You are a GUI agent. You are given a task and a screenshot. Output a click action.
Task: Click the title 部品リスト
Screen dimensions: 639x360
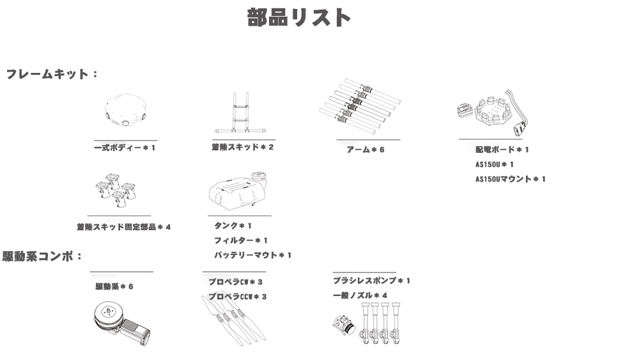pos(298,17)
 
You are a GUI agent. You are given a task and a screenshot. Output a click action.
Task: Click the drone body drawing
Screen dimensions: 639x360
pos(125,111)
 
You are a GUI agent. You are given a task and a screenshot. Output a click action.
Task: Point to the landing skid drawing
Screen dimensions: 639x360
pos(240,113)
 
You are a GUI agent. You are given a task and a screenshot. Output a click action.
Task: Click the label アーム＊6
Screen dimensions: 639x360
pos(366,150)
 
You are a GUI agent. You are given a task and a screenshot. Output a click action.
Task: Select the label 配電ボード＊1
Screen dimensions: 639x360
pos(502,150)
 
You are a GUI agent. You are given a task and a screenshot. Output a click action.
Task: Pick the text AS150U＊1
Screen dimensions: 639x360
pos(495,164)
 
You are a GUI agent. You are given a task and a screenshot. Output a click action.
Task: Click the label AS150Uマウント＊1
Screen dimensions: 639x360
pos(510,179)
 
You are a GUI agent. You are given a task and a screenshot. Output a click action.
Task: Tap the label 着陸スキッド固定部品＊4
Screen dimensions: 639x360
pos(124,227)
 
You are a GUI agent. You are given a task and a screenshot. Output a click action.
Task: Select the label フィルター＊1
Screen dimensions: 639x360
pos(241,240)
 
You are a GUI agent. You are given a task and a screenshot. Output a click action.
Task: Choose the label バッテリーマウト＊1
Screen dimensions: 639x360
pos(252,255)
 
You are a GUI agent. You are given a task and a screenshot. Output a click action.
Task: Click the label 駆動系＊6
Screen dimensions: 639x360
pos(114,286)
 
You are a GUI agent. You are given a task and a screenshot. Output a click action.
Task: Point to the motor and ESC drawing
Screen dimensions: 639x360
pos(121,324)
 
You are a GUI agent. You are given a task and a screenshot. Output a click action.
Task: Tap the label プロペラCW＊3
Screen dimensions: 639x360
pos(236,282)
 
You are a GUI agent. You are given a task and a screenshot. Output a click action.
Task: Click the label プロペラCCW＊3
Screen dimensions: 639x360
pos(238,297)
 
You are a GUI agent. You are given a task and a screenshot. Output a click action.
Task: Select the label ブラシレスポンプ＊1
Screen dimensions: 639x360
pos(372,281)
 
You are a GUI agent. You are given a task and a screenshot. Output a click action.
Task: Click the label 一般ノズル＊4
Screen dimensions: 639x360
pos(360,295)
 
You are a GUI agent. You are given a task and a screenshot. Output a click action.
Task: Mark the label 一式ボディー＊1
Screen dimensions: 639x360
pos(125,148)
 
